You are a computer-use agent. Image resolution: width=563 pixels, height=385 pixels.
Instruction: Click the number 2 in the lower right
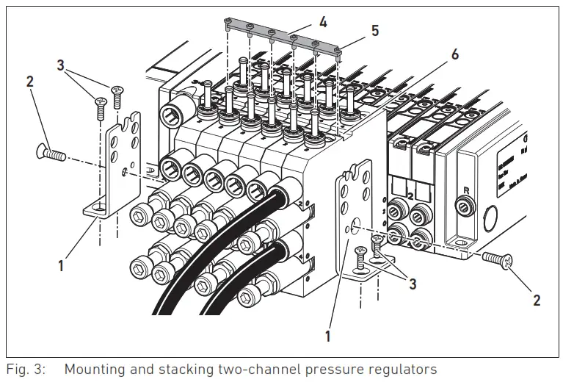click(x=536, y=300)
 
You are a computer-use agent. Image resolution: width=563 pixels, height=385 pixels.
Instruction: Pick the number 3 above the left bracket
click(x=60, y=65)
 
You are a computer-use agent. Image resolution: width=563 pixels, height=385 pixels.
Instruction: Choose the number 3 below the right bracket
click(x=413, y=284)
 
